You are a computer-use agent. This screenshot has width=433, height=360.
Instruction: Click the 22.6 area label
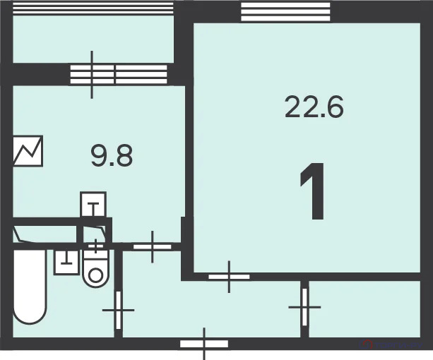[x=314, y=107]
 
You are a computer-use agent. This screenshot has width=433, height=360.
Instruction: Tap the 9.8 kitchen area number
[x=112, y=156]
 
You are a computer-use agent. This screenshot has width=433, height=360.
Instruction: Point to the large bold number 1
[x=314, y=191]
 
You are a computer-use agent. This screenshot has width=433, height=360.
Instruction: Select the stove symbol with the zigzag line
[x=28, y=151]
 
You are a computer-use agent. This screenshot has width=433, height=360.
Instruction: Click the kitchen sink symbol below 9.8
[x=93, y=205]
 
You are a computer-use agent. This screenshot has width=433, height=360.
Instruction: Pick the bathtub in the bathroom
[x=30, y=287]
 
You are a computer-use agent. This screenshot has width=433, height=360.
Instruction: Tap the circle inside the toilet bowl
[x=95, y=275]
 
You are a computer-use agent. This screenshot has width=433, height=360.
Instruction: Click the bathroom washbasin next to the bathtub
[x=66, y=263]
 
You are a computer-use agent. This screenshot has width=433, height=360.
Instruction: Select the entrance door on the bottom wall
[x=204, y=344]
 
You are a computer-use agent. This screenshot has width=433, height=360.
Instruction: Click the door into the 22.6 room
[x=229, y=277]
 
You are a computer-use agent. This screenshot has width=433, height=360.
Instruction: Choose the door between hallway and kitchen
[x=153, y=246]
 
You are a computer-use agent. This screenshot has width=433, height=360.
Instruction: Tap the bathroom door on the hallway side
[x=119, y=310]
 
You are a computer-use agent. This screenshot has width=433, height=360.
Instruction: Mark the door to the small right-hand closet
[x=304, y=307]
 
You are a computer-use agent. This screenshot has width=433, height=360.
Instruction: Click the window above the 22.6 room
[x=285, y=11]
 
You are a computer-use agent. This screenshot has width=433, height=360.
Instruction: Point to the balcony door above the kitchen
[x=92, y=74]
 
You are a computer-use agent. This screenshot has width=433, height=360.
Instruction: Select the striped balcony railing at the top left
[x=93, y=8]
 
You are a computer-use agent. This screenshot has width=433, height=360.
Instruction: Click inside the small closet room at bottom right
[x=364, y=309]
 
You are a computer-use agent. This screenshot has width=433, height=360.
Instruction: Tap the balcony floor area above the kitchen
[x=93, y=39]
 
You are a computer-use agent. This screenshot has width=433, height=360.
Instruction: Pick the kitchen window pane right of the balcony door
[x=141, y=74]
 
